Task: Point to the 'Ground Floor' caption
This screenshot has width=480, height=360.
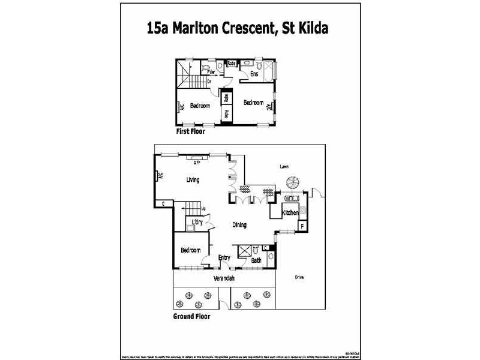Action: pos(191,316)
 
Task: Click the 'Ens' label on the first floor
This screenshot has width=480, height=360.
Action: pos(254,74)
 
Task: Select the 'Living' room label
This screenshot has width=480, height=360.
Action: pos(193,179)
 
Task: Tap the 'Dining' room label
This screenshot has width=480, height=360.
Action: pos(240,225)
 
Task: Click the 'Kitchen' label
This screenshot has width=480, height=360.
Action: pos(290,213)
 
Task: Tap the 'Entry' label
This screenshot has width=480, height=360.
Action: pos(224,258)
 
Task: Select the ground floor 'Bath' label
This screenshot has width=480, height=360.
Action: pos(256,260)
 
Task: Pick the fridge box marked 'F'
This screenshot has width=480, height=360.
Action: pos(302,226)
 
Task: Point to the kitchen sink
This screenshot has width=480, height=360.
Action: pos(292,197)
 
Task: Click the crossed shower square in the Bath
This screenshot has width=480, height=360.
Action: pos(244,250)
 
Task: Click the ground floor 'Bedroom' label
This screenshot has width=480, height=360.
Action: pos(191,250)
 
